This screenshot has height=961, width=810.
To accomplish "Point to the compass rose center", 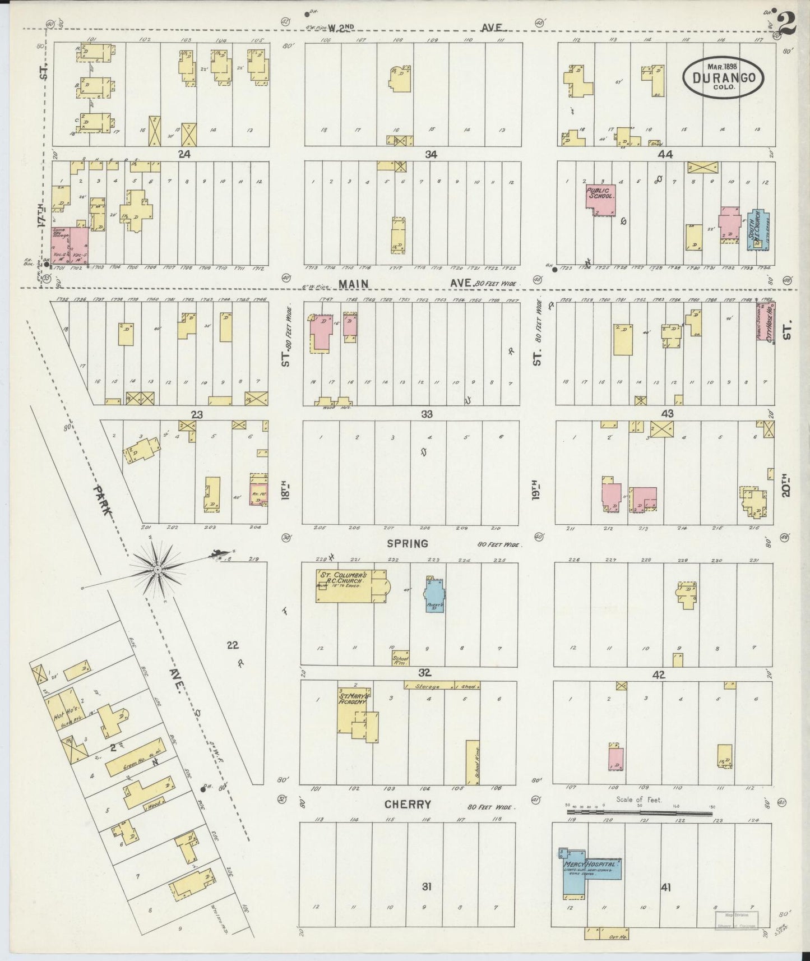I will tap(158, 570).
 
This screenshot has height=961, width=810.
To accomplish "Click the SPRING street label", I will tap(408, 543).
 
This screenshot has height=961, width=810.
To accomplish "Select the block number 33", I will tap(427, 414).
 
